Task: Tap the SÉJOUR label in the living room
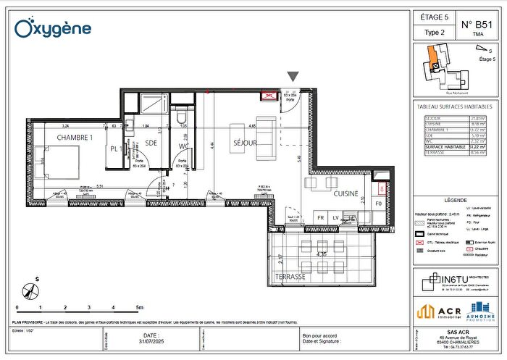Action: [246, 143]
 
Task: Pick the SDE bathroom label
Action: [151, 143]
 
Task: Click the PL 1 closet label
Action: [115, 148]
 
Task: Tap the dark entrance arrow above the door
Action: [293, 77]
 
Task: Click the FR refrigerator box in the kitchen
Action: [319, 217]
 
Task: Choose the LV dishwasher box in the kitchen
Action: [335, 217]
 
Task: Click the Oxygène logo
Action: [54, 28]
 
